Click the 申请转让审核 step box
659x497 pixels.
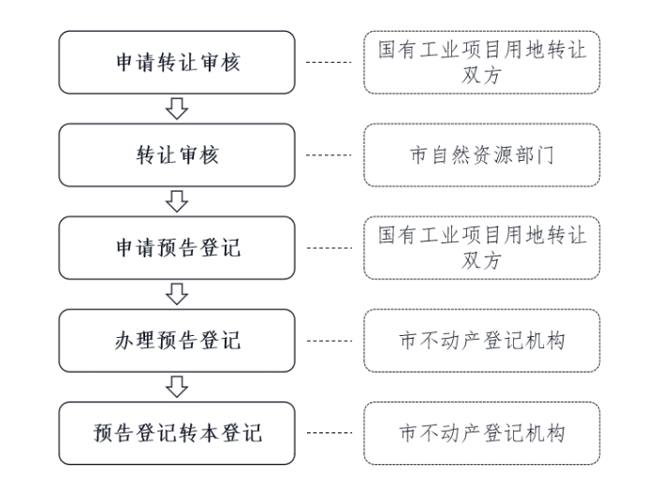click(x=177, y=63)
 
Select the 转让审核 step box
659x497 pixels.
click(x=177, y=154)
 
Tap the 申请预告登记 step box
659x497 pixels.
click(x=177, y=247)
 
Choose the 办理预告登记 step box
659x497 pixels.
click(x=177, y=340)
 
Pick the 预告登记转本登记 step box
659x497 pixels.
click(x=177, y=432)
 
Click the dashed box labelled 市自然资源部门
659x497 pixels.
click(x=482, y=154)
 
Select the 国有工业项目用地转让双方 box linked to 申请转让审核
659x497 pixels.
click(x=482, y=63)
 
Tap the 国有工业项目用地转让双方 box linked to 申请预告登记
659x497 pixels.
click(x=482, y=247)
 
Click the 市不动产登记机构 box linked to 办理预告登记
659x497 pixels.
click(x=482, y=340)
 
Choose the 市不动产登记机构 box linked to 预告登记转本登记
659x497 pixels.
click(x=482, y=432)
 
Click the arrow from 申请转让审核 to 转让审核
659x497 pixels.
click(x=177, y=109)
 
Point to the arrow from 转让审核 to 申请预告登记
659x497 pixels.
click(x=177, y=201)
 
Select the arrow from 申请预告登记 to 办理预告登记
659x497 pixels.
click(x=177, y=294)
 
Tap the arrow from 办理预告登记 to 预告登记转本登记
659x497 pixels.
click(x=177, y=386)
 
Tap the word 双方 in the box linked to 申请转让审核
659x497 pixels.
click(x=482, y=75)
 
